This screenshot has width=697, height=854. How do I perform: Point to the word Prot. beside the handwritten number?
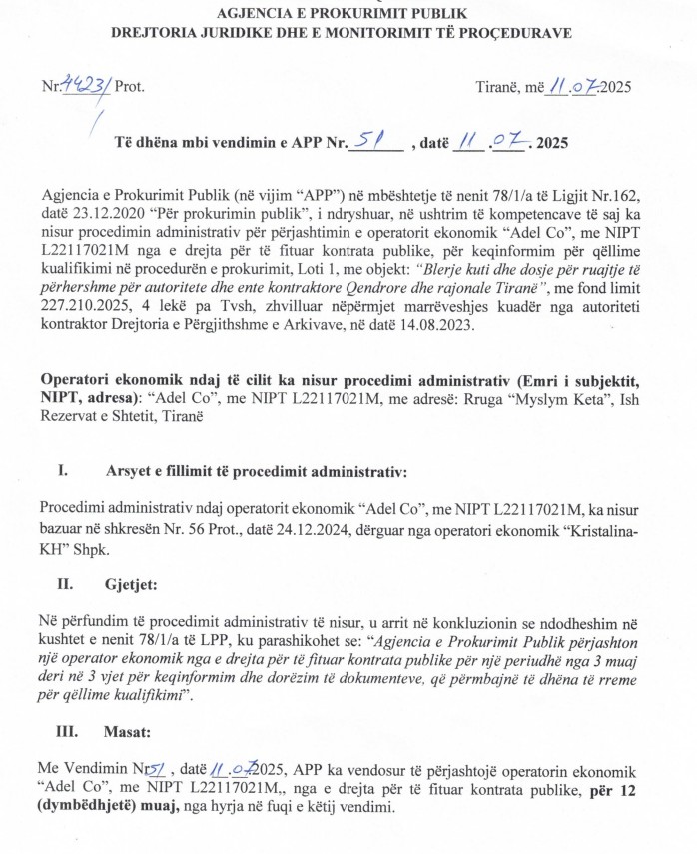(130, 86)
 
